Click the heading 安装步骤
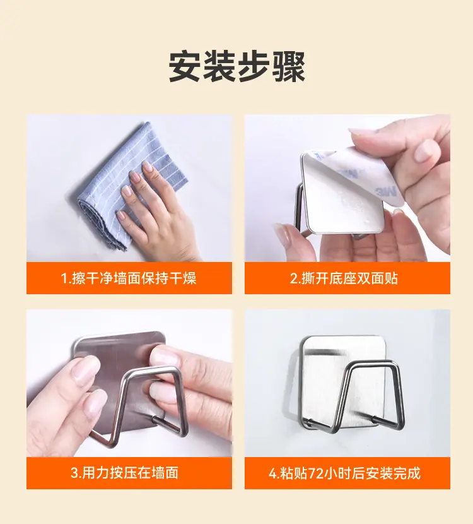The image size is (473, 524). (237, 66)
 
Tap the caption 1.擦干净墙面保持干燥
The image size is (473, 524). (129, 278)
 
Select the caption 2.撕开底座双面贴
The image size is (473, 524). (344, 278)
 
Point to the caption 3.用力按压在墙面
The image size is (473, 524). (124, 473)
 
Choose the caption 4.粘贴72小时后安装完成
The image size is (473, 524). (344, 473)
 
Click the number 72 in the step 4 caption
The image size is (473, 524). (315, 473)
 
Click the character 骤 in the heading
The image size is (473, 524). (289, 66)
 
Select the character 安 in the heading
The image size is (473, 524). (185, 66)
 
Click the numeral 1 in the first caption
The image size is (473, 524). (65, 278)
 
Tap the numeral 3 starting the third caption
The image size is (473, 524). (74, 473)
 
